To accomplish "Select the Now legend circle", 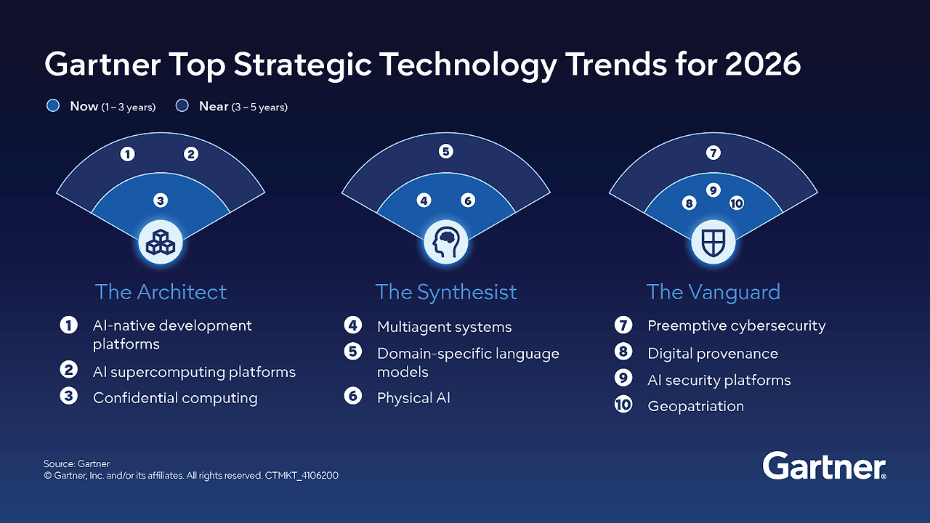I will click(x=52, y=106).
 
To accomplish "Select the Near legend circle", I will click(x=182, y=106).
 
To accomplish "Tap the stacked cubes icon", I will click(x=161, y=242).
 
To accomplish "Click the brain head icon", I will click(x=445, y=242).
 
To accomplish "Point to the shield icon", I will click(x=713, y=242).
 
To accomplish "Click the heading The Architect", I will click(x=161, y=292).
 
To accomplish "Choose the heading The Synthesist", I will click(x=445, y=292).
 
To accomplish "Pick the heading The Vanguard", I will click(x=713, y=292).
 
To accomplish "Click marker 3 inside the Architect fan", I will click(x=161, y=200).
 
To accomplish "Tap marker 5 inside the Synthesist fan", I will click(x=445, y=151).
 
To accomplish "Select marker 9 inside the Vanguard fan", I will click(x=713, y=190).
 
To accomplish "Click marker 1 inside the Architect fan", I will click(x=128, y=154).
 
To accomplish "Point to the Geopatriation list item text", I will click(x=695, y=406).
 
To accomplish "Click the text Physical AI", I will click(x=413, y=398).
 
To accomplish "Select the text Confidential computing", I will click(x=175, y=398).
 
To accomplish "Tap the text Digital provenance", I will click(x=712, y=354).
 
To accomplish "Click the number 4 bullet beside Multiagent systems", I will click(x=353, y=325).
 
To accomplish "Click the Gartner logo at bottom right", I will click(x=824, y=466).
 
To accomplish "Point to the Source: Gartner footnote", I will click(x=76, y=463).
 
